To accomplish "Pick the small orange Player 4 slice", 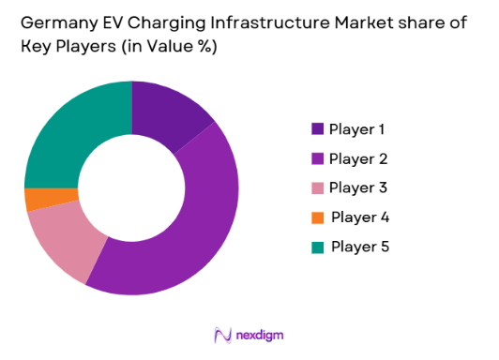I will click(x=38, y=200).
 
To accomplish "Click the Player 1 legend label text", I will click(x=356, y=129).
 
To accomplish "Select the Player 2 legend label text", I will click(x=356, y=158).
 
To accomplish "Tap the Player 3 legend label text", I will click(x=356, y=187).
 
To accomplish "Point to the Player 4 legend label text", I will click(x=360, y=217).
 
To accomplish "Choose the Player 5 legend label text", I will click(x=360, y=247).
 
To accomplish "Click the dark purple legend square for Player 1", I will click(x=317, y=129).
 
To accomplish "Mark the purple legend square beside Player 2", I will click(x=317, y=158).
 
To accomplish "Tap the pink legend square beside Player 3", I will click(x=317, y=188).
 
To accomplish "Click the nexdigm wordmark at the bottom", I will click(x=260, y=334).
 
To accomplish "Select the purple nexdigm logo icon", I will click(x=222, y=334).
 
